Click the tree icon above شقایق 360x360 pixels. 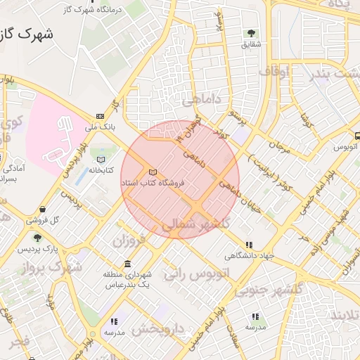(x=251, y=32)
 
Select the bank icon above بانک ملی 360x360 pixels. (x=100, y=116)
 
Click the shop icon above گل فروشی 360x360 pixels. (x=44, y=209)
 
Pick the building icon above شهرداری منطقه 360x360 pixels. (x=127, y=264)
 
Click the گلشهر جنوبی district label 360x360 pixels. (x=268, y=289)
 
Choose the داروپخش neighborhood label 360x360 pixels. (x=157, y=328)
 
